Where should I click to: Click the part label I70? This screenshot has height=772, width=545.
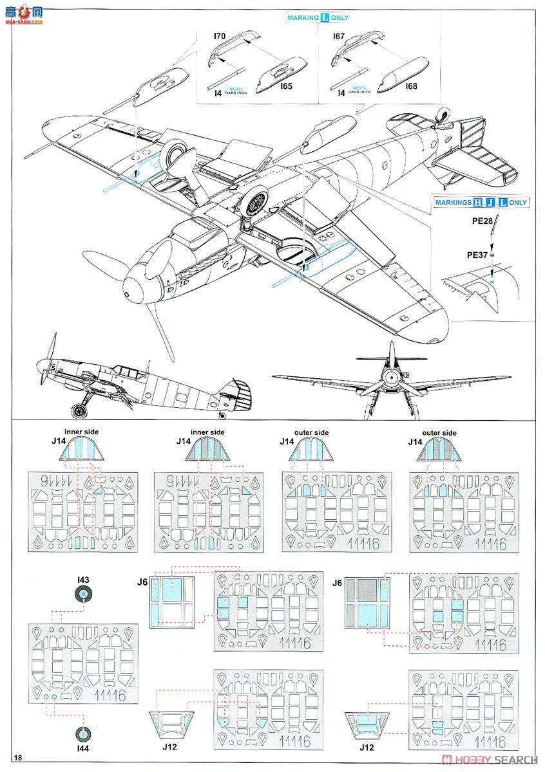coord(219,37)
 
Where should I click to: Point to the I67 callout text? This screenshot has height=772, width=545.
coord(339,37)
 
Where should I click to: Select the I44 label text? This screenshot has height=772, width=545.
coord(82,749)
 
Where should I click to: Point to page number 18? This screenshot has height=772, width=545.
coord(17,757)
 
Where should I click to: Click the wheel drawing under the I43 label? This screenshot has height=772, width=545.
coord(82,595)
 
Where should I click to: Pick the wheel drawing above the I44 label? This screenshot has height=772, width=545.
coord(82,733)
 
